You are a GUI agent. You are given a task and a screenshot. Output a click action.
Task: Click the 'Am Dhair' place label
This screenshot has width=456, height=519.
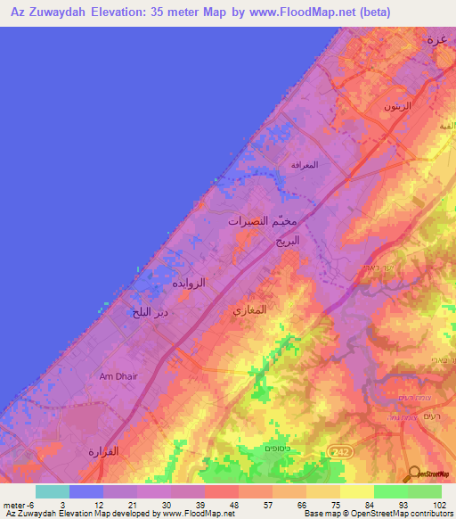[118, 376]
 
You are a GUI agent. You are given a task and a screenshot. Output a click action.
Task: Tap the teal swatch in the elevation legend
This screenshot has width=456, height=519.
[53, 491]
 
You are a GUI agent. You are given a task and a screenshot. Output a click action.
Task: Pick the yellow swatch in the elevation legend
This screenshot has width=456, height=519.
[356, 491]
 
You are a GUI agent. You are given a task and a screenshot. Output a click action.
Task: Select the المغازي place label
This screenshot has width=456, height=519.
[249, 310]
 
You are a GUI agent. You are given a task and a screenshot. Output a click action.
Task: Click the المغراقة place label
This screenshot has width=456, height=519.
[305, 165]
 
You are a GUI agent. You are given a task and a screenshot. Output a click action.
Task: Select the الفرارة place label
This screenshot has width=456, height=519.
[103, 451]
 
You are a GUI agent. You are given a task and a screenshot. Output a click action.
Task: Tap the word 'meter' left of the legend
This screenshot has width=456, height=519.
[15, 505]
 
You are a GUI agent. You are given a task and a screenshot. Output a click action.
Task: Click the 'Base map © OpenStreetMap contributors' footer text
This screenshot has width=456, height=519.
[378, 514]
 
